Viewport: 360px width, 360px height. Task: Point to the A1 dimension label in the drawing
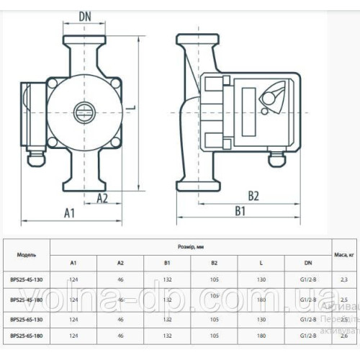(71, 213)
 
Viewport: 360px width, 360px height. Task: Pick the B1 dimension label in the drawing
(239, 211)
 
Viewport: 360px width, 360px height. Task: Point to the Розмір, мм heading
(186, 246)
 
